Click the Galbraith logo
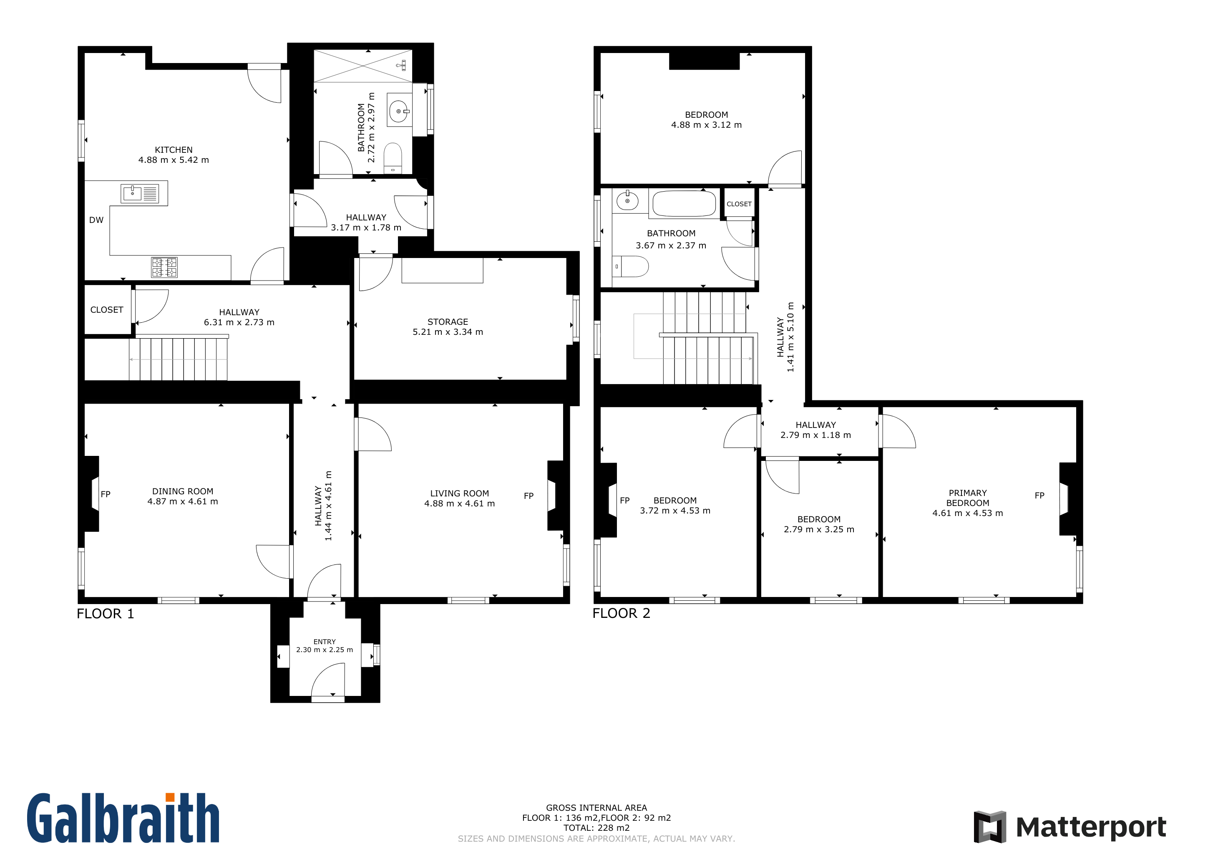[123, 818]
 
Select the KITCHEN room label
[174, 150]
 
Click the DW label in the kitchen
[96, 220]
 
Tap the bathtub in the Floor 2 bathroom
[684, 203]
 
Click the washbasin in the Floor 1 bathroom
[399, 111]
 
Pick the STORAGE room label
[448, 322]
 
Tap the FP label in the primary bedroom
[1039, 496]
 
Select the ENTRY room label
[325, 642]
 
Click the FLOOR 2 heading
[622, 613]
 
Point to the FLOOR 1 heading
[105, 614]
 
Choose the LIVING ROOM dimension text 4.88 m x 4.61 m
[460, 504]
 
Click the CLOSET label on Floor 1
[107, 310]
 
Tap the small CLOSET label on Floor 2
[739, 204]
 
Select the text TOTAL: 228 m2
[596, 827]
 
